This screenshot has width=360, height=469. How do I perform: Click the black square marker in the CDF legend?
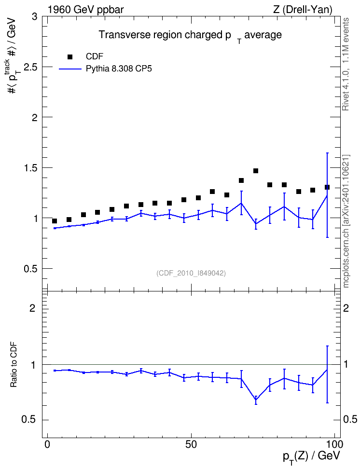[69, 56]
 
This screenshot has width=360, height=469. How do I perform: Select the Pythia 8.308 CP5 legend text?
[119, 69]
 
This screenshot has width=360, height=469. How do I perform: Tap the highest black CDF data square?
[256, 171]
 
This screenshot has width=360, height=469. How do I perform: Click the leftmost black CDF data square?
[55, 221]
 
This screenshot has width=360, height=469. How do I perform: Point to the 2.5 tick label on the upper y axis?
[30, 67]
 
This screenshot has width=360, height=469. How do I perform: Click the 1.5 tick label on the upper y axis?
[30, 168]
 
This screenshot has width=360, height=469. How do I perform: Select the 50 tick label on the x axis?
[191, 444]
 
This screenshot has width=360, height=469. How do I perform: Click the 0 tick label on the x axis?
[47, 444]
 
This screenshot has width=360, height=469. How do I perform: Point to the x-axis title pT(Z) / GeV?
[312, 456]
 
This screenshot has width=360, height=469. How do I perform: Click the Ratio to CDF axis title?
[14, 364]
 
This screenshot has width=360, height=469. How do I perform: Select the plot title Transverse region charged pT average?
[190, 36]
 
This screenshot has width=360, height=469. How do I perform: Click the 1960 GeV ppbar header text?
[85, 10]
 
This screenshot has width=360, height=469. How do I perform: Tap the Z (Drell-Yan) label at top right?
[303, 10]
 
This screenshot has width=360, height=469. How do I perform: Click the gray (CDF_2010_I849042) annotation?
[191, 273]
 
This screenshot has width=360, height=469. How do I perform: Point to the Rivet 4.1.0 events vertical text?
[346, 64]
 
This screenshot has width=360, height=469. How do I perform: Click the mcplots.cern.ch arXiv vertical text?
[346, 221]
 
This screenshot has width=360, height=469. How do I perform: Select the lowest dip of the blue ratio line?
[256, 400]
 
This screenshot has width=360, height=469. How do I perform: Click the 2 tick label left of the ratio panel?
[32, 308]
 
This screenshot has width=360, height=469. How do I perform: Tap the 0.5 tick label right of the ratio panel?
[350, 420]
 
